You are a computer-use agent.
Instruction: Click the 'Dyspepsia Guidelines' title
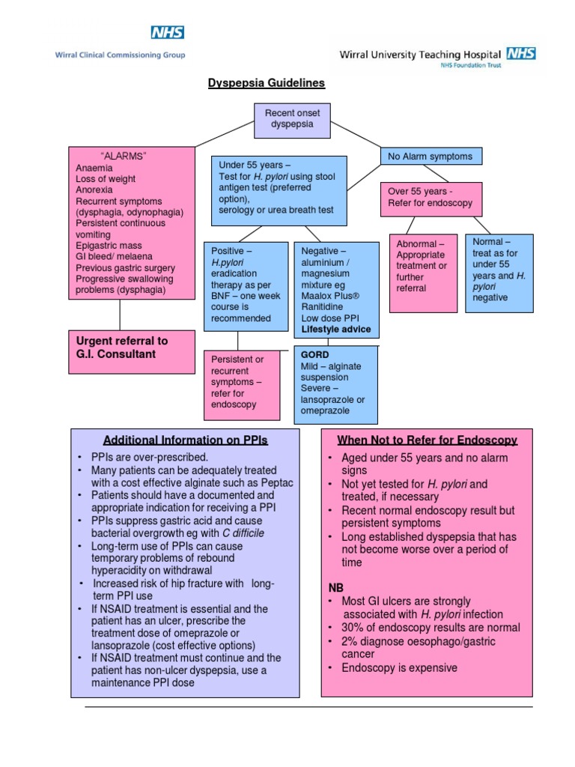coord(267,83)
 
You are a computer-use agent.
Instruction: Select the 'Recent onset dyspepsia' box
coord(292,119)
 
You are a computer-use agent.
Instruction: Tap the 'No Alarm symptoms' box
coord(431,157)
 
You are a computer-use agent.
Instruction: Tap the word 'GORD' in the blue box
coord(315,354)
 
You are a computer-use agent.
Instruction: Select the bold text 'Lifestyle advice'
coord(335,330)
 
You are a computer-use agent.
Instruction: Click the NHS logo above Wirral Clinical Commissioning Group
coord(168,32)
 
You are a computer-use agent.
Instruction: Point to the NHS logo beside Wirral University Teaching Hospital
coord(521,52)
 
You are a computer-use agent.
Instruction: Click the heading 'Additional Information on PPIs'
coord(185,440)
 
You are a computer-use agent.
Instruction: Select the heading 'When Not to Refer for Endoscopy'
coord(427,440)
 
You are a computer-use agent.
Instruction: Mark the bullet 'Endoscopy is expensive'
coord(399,667)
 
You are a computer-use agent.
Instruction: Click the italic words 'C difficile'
coord(243,533)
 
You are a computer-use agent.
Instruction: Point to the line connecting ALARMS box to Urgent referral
coord(120,315)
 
